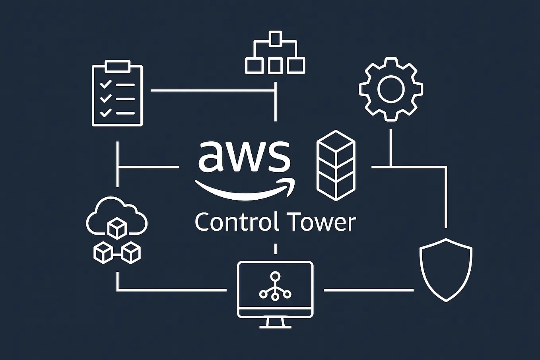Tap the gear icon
[x=391, y=89]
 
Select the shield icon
[x=446, y=270]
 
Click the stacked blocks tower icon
[x=336, y=165]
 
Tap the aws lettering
[x=244, y=156]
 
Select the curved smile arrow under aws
[x=245, y=190]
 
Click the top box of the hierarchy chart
[x=275, y=39]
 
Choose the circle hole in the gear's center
[x=391, y=89]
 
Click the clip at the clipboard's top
[x=117, y=66]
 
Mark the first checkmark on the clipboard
[x=106, y=84]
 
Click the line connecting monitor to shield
[x=369, y=290]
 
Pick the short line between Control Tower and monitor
[x=275, y=249]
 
